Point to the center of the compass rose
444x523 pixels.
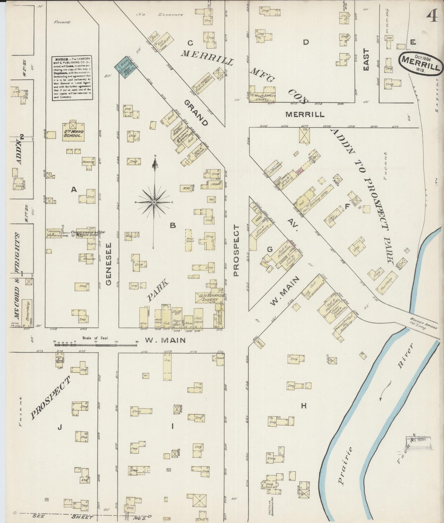[x=154, y=202]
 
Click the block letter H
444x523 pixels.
[x=304, y=406]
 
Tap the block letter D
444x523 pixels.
[x=305, y=42]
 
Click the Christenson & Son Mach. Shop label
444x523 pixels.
[x=88, y=234]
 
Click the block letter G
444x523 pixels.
[x=269, y=250]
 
